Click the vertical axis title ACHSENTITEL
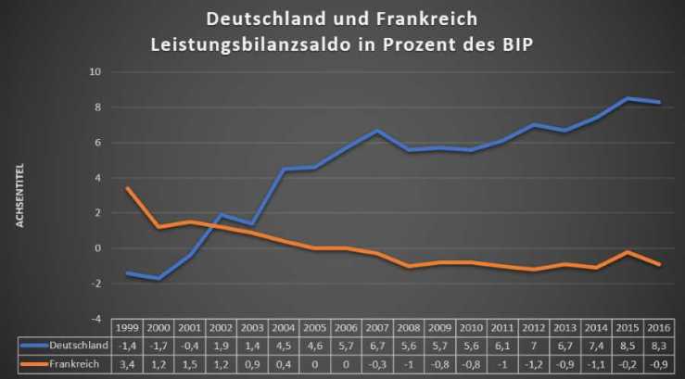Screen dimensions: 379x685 point(19,196)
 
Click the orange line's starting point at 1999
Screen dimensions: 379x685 point(127,188)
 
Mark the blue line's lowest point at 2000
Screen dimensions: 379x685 point(159,278)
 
